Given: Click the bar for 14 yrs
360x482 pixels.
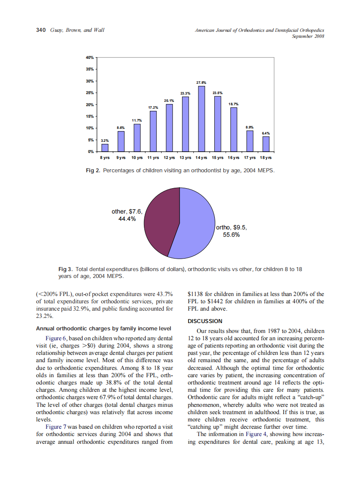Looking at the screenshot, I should (x=201, y=119).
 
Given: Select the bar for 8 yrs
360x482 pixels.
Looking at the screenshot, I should (x=105, y=148).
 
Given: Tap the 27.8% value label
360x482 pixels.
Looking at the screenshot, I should (x=201, y=82).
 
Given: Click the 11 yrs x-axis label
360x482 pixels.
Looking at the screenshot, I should (x=153, y=158).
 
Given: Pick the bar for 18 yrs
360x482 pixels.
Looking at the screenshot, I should (x=266, y=144).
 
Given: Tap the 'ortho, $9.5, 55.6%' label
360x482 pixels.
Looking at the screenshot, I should (x=231, y=232).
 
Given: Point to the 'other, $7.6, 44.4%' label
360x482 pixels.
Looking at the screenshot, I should (x=127, y=215).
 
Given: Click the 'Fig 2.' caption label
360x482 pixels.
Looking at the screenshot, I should (x=93, y=171).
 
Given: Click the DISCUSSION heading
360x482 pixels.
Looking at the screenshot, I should (x=205, y=321).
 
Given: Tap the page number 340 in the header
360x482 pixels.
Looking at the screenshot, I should (x=41, y=30).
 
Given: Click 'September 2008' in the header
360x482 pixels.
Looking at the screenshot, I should (x=308, y=36).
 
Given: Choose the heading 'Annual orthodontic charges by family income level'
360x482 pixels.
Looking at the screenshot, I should (x=103, y=329).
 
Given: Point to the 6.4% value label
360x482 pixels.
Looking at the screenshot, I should (x=266, y=133).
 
